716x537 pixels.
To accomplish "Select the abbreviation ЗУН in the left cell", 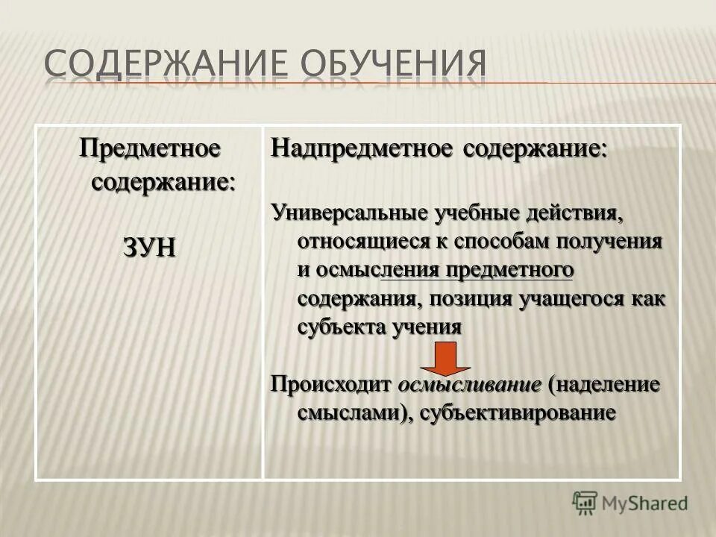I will click(150, 247).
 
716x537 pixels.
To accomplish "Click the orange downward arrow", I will click(445, 359).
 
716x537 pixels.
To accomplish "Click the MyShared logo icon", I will click(586, 502).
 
